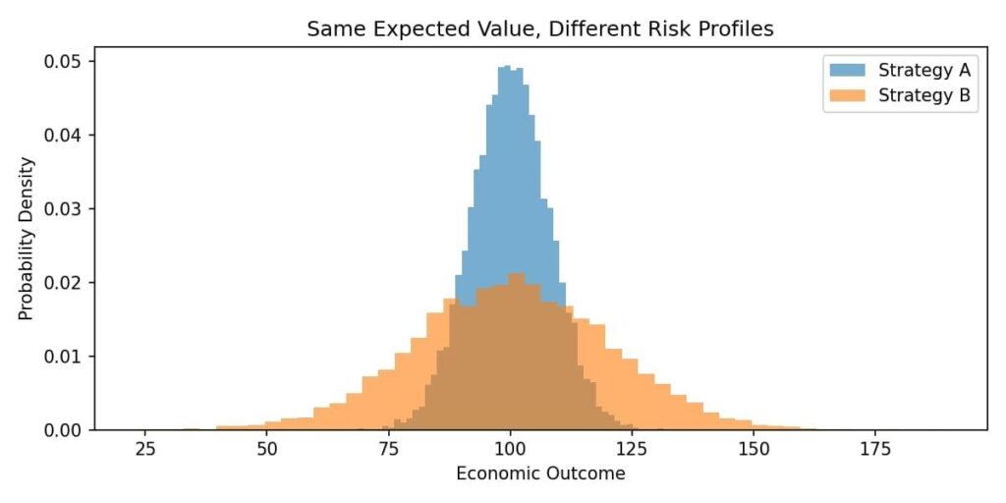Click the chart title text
point(539,29)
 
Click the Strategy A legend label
point(923,70)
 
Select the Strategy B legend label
point(923,95)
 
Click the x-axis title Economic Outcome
point(540,474)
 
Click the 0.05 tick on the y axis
point(64,61)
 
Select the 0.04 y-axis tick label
point(64,135)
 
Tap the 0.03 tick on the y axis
point(64,208)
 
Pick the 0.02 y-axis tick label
point(64,282)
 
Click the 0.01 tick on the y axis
point(64,356)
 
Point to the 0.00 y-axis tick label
point(64,430)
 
